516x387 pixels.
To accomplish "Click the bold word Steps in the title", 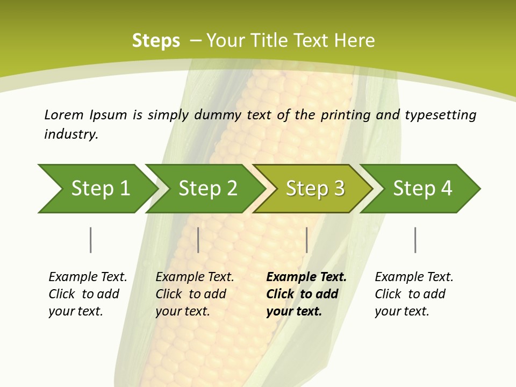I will (156, 41).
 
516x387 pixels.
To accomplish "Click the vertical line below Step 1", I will (91, 240).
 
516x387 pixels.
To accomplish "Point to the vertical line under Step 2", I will (198, 240).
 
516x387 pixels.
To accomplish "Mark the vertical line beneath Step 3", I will (306, 240).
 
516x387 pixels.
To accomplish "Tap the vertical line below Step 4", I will (415, 240).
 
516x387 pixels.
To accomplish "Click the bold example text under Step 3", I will (305, 294).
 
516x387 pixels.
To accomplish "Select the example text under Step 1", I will (87, 294).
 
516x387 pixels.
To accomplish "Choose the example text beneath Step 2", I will (194, 294).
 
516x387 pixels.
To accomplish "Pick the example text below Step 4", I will (413, 294).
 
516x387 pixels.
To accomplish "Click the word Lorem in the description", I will (64, 115).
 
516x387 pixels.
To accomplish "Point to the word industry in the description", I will (70, 134).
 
